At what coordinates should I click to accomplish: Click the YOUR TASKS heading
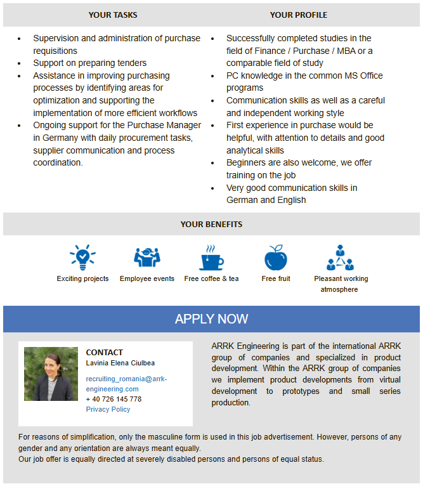(x=113, y=15)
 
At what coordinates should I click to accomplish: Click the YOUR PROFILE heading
(x=299, y=15)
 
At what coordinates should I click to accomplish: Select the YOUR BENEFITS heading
(x=211, y=224)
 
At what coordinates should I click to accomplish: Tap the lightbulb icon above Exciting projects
(x=82, y=257)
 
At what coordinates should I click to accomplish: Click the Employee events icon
(x=147, y=257)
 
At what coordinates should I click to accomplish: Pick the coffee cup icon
(x=211, y=258)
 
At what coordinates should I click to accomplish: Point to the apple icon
(x=276, y=258)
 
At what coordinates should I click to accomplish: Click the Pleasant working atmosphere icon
(x=341, y=257)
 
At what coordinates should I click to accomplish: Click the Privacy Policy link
(x=108, y=409)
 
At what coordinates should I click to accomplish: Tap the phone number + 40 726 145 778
(x=114, y=399)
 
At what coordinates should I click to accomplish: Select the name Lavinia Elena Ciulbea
(x=120, y=363)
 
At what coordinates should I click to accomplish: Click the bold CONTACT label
(x=105, y=352)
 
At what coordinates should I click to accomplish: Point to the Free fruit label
(x=276, y=278)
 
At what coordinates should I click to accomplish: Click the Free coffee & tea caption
(x=211, y=278)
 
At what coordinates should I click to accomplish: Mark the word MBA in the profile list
(x=344, y=51)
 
